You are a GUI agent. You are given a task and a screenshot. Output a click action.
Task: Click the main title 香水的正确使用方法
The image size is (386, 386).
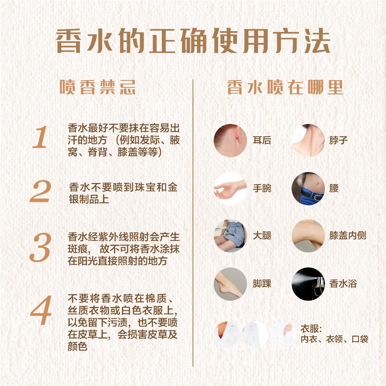[x=193, y=41]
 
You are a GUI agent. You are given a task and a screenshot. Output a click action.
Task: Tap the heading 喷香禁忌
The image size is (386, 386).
[x=98, y=87]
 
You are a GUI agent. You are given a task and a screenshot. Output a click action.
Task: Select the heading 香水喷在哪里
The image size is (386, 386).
[x=285, y=87]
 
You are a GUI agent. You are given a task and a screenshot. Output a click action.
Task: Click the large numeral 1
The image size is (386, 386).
[x=40, y=137]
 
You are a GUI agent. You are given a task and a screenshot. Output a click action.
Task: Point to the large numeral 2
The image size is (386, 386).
[x=40, y=191]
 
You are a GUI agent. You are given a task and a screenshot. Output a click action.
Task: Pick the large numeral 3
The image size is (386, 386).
[x=40, y=247]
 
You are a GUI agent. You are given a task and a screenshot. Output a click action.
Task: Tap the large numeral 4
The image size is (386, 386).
[x=41, y=310]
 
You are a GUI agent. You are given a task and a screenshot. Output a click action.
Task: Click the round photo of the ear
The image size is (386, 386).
[x=230, y=140]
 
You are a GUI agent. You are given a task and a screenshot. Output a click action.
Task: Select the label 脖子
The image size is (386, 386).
[x=338, y=140]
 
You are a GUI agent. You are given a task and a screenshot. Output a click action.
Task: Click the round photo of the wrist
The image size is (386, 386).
[x=230, y=189]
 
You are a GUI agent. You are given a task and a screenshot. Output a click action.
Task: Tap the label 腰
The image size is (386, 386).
[x=334, y=189]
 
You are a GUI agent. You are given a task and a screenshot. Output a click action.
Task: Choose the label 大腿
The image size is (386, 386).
[x=262, y=236]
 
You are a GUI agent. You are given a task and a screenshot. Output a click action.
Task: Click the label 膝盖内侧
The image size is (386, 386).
[x=348, y=236]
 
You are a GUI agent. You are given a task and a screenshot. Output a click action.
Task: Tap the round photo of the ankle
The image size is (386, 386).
[x=230, y=284]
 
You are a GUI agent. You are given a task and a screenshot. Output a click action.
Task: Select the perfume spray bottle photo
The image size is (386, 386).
[x=308, y=284]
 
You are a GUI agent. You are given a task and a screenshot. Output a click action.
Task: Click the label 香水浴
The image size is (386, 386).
[x=343, y=284]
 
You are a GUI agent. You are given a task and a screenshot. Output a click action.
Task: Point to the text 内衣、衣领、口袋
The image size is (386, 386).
[x=334, y=339]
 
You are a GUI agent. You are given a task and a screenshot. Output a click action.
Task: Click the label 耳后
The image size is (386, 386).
[x=262, y=140]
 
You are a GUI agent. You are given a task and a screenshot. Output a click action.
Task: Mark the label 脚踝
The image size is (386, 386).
[x=262, y=284]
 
